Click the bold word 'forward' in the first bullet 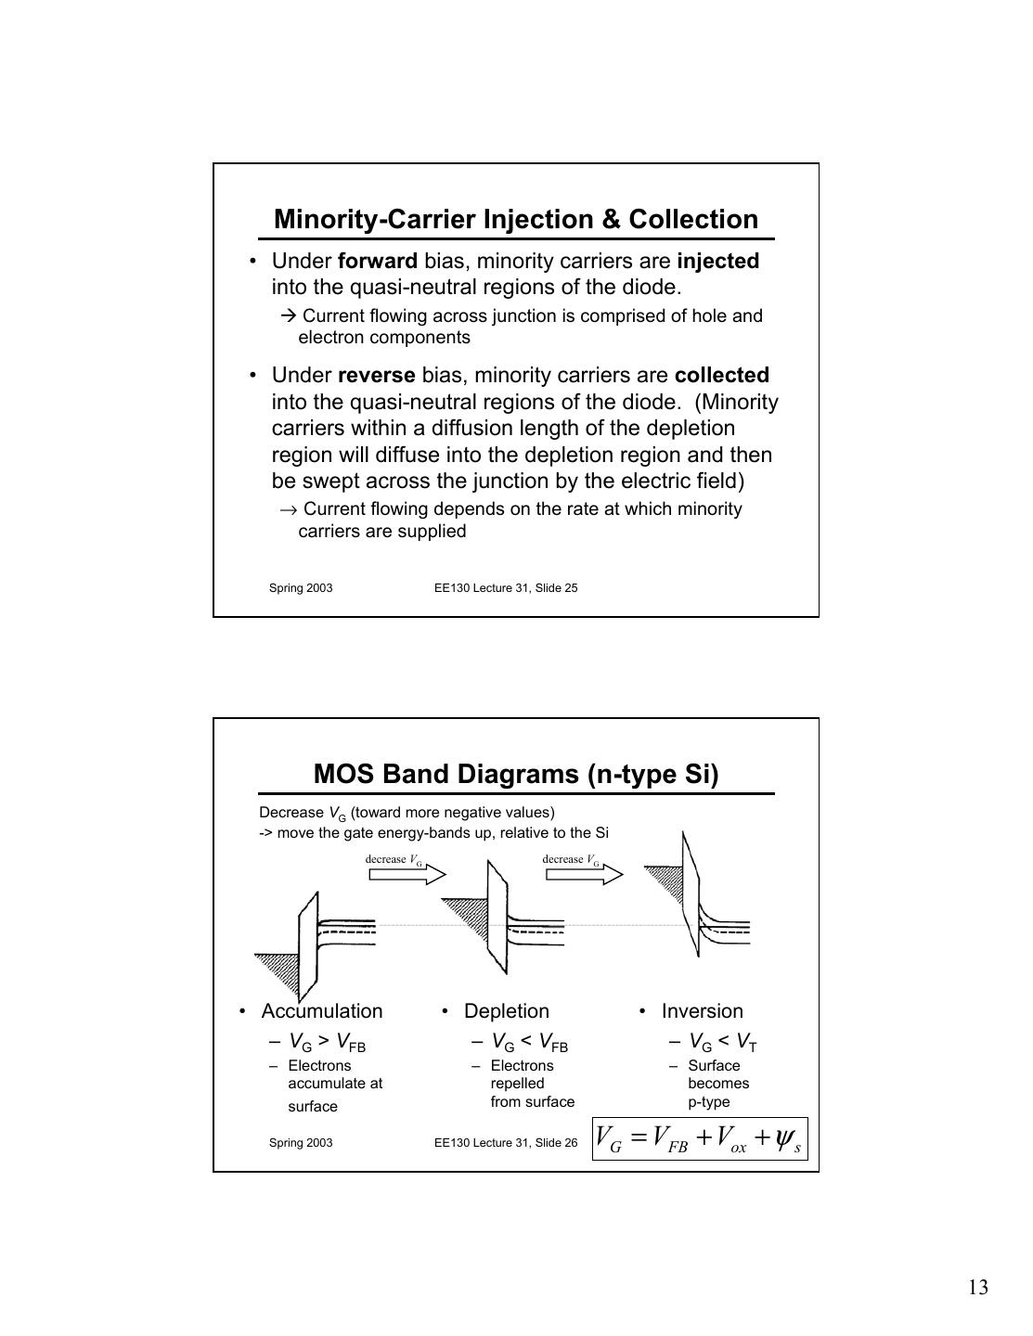point(377,262)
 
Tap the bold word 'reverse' point(376,376)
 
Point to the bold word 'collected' point(721,376)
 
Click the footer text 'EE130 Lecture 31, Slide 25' point(506,588)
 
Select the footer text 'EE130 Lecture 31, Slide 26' point(506,1143)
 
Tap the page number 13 point(977,1288)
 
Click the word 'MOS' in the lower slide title point(343,775)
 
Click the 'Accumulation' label point(322,1011)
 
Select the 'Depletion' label point(507,1011)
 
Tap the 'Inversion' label point(703,1011)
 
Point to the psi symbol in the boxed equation point(785,1137)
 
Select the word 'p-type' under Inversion point(709,1102)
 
